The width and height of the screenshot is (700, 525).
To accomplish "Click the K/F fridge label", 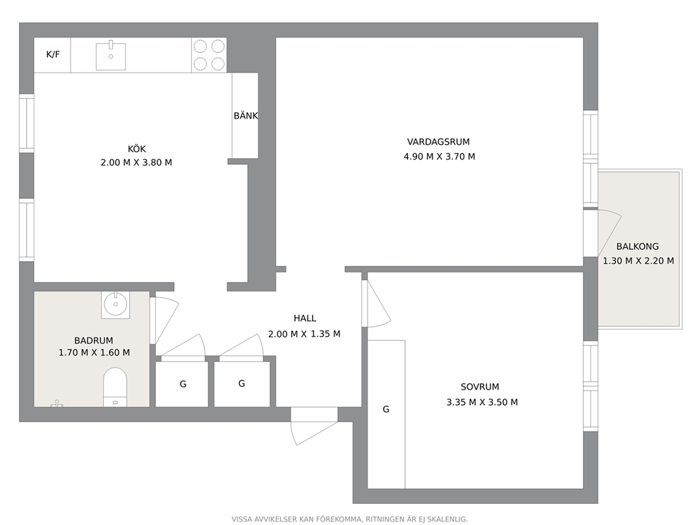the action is (x=53, y=54).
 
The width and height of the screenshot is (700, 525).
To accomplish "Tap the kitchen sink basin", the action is (x=111, y=56).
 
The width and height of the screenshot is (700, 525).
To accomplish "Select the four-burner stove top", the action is (x=209, y=55).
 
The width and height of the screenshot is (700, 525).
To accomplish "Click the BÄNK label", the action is (x=246, y=116).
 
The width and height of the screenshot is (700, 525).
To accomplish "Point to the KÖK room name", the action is (x=137, y=149).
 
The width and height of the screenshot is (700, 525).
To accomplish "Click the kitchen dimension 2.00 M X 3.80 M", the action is (x=136, y=162).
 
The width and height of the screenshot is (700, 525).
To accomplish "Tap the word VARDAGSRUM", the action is (x=438, y=142).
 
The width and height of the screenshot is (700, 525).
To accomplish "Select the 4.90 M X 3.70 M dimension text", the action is (x=440, y=157).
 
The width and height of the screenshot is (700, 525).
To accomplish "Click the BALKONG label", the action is (x=637, y=246).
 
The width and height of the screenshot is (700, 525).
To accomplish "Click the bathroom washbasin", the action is (x=116, y=304).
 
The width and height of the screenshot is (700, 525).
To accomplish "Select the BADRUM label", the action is (x=94, y=340).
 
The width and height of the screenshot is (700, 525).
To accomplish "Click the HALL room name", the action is (x=305, y=318).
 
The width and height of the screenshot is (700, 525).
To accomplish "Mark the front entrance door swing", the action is (x=313, y=428).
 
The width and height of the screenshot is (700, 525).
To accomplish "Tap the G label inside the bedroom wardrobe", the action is (x=386, y=409).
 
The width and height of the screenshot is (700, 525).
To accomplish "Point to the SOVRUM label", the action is (x=480, y=387).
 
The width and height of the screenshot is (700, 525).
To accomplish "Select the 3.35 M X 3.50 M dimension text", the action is (x=482, y=402).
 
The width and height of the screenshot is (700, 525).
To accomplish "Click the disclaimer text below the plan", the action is (x=349, y=519).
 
